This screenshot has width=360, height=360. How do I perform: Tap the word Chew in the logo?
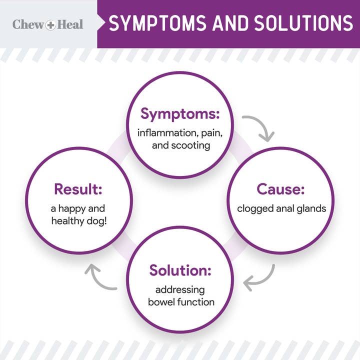click(28, 24)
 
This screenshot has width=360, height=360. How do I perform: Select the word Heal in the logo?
click(70, 24)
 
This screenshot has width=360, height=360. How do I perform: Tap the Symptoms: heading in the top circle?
click(180, 114)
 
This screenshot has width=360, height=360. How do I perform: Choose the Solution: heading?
click(180, 270)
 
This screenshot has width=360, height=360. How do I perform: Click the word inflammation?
click(161, 133)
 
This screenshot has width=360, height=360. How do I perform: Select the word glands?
click(311, 208)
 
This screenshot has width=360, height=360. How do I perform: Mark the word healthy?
click(66, 220)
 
